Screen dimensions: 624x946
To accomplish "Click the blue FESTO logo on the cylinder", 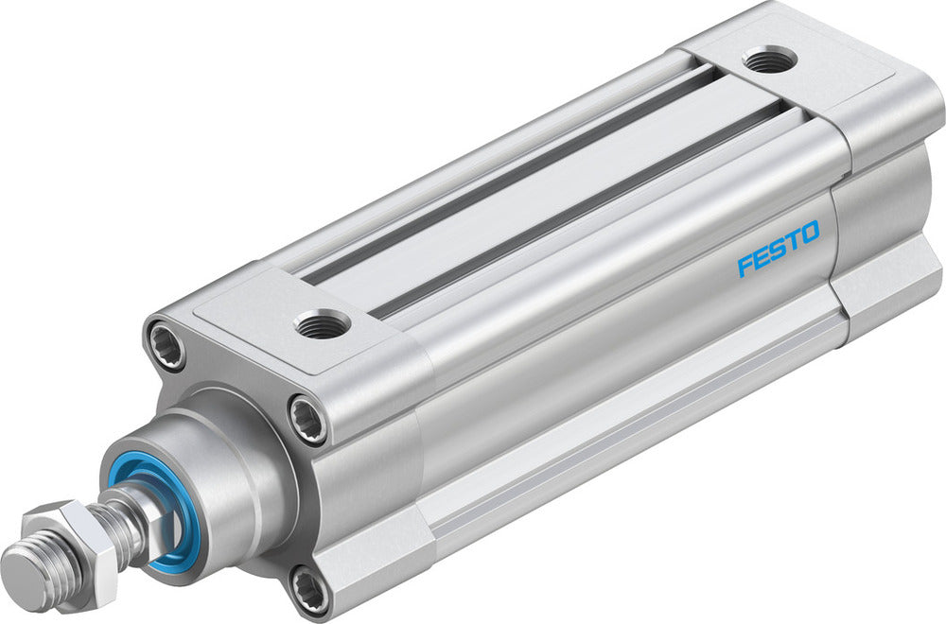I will [779, 249].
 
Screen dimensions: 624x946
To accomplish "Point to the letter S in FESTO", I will [779, 249].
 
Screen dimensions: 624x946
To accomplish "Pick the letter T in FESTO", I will [793, 241].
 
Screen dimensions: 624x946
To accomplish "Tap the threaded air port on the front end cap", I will [322, 324].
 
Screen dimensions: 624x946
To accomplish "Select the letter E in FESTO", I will [762, 257].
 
